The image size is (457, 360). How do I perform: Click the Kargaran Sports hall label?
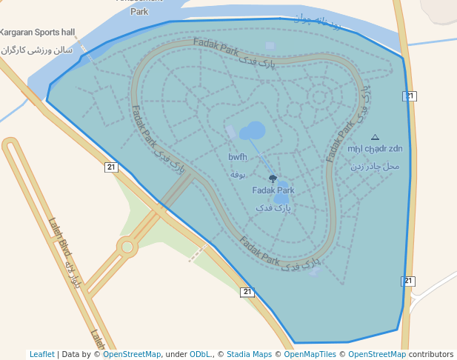38,33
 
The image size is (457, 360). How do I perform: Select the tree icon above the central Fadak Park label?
273,179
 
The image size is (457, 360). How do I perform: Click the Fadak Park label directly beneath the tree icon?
273,190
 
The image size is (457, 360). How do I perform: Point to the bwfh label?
238,157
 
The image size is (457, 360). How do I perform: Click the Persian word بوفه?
238,174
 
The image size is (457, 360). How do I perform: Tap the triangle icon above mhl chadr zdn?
375,137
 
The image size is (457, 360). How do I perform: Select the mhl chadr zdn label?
375,149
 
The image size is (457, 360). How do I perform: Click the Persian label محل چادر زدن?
375,166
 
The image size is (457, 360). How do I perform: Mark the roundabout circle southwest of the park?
127,246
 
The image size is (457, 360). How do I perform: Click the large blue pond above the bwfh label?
252,132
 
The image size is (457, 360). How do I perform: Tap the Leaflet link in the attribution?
42,354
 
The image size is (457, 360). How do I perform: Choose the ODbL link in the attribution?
200,354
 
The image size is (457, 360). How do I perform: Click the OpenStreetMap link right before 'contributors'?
377,354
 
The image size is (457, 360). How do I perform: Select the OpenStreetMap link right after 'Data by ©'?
132,354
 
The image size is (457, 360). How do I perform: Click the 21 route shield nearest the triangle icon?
410,96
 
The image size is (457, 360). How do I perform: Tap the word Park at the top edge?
139,11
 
